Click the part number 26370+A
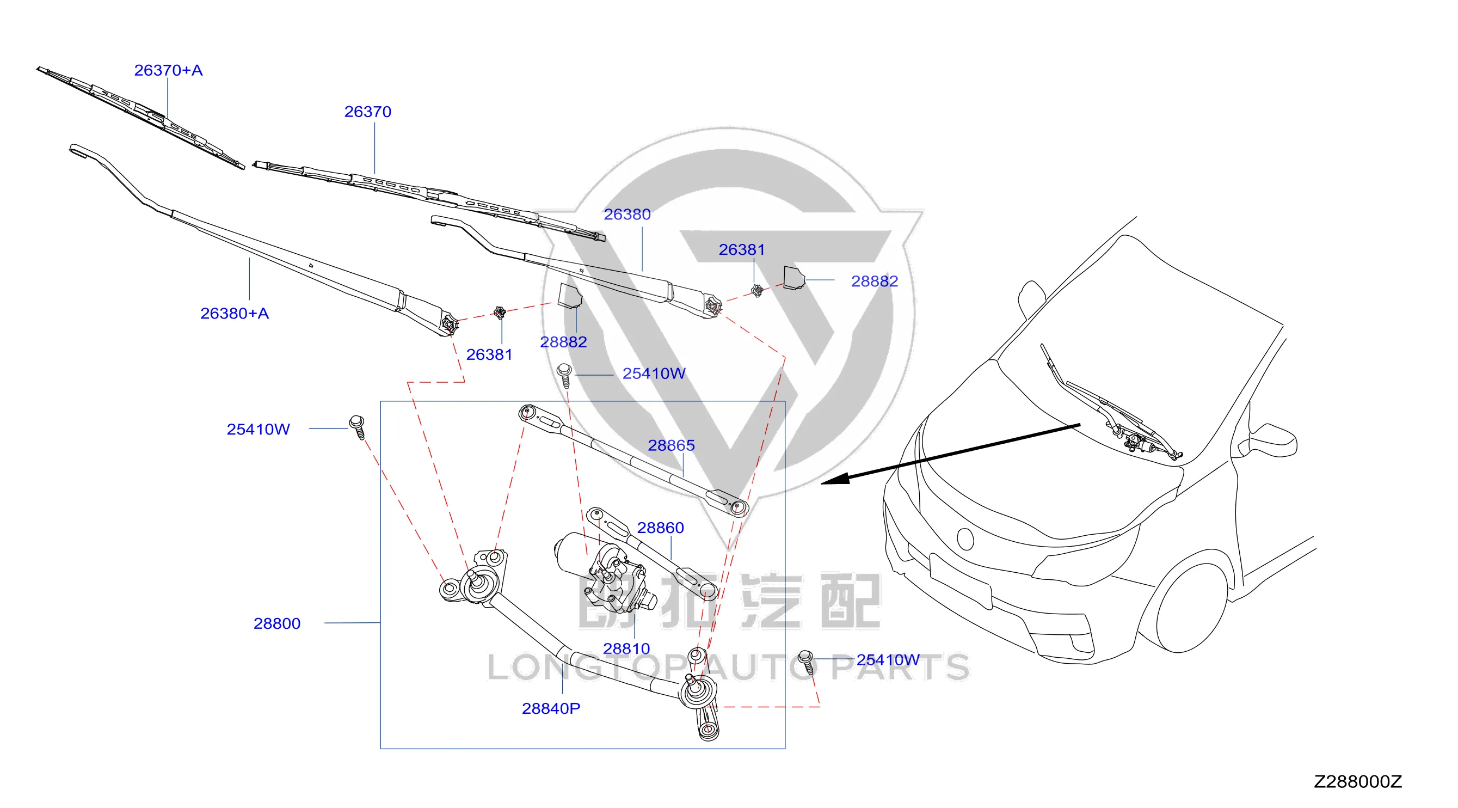pos(168,70)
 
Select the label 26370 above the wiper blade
pos(368,112)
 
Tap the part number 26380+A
pos(235,313)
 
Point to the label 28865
pos(671,445)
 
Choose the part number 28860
pos(661,528)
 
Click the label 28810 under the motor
pos(626,648)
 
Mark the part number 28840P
pos(551,708)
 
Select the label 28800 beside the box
pos(277,623)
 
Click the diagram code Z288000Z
pos(1358,781)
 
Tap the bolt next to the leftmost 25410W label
pos(358,427)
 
